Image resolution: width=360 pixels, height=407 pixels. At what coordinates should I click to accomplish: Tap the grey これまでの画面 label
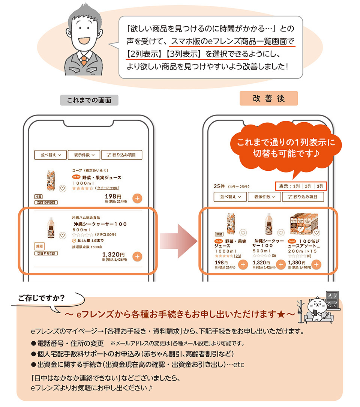point(89,100)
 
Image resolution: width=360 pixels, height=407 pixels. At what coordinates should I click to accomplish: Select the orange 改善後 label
point(268,98)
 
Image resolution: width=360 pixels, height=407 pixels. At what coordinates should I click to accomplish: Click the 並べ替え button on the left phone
point(50,155)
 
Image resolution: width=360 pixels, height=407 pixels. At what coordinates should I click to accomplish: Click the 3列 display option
point(320,186)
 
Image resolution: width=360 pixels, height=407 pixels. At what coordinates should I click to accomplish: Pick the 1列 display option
point(296,186)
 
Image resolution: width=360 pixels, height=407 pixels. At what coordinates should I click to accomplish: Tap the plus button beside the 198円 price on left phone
point(137,199)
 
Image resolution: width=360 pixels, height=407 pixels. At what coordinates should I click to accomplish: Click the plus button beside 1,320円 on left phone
point(137,257)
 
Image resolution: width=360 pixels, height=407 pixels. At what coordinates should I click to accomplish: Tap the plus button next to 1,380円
point(316,264)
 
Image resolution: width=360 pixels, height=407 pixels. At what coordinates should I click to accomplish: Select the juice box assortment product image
point(304,224)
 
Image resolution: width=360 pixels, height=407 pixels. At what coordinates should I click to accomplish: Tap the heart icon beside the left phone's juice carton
point(63,189)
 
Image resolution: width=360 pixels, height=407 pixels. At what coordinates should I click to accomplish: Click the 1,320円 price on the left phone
point(114,254)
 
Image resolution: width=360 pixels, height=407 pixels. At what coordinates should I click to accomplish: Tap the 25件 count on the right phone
point(219,186)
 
